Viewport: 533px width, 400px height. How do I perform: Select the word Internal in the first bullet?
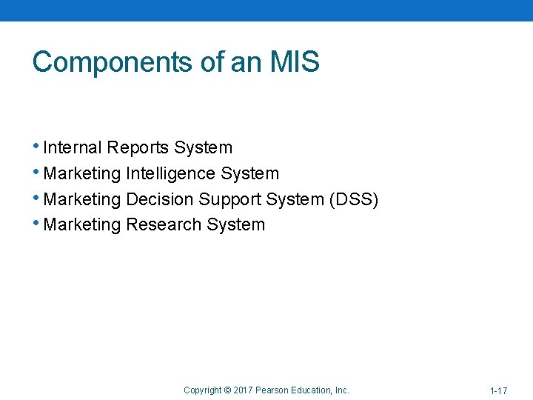tap(73, 148)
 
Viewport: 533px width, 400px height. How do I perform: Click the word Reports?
tap(138, 148)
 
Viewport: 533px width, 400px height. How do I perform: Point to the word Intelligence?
tap(171, 174)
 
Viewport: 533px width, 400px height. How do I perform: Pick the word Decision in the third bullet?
tap(160, 200)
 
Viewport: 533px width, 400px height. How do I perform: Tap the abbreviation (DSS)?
tap(354, 200)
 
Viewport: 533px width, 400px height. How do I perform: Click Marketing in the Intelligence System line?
tap(82, 174)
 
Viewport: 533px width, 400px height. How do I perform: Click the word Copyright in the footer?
tap(202, 390)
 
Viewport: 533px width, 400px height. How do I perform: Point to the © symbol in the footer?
tap(227, 390)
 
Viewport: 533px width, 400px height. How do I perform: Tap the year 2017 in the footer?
tap(243, 390)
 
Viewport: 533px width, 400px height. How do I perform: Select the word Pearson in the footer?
tap(271, 390)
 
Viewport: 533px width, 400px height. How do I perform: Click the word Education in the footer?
tap(311, 390)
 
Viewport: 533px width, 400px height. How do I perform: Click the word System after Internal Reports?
tap(203, 148)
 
